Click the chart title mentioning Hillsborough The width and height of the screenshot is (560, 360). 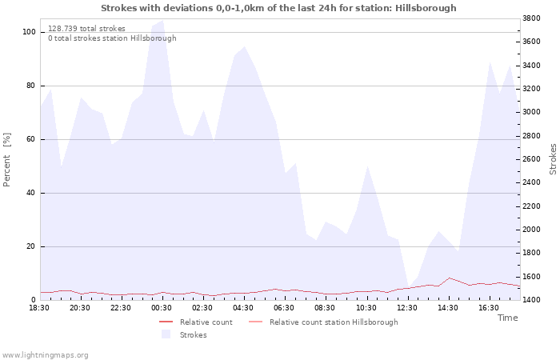(x=278, y=8)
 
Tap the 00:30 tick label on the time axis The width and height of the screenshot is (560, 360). (x=162, y=308)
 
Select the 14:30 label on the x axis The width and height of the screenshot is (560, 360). (x=448, y=308)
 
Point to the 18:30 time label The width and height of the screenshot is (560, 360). (x=39, y=308)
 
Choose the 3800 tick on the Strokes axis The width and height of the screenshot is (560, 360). (x=531, y=18)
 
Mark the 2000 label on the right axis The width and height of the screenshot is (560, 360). (x=531, y=230)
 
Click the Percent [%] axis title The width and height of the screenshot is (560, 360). (x=6, y=160)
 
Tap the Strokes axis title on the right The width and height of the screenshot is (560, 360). (x=553, y=159)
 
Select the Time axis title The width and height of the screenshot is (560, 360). (x=507, y=318)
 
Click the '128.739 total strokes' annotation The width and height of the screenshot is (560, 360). (x=86, y=29)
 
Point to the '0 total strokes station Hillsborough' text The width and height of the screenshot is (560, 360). (x=112, y=38)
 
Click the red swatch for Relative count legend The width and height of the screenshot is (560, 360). (x=166, y=322)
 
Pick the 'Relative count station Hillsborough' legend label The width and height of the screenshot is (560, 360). (x=334, y=322)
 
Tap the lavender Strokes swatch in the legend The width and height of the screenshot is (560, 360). (x=166, y=334)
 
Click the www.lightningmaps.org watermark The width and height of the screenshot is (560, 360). (x=45, y=355)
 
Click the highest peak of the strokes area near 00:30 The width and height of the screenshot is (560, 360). (x=163, y=20)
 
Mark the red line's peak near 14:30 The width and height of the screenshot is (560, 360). (x=450, y=278)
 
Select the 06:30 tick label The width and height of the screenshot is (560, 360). (x=284, y=308)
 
